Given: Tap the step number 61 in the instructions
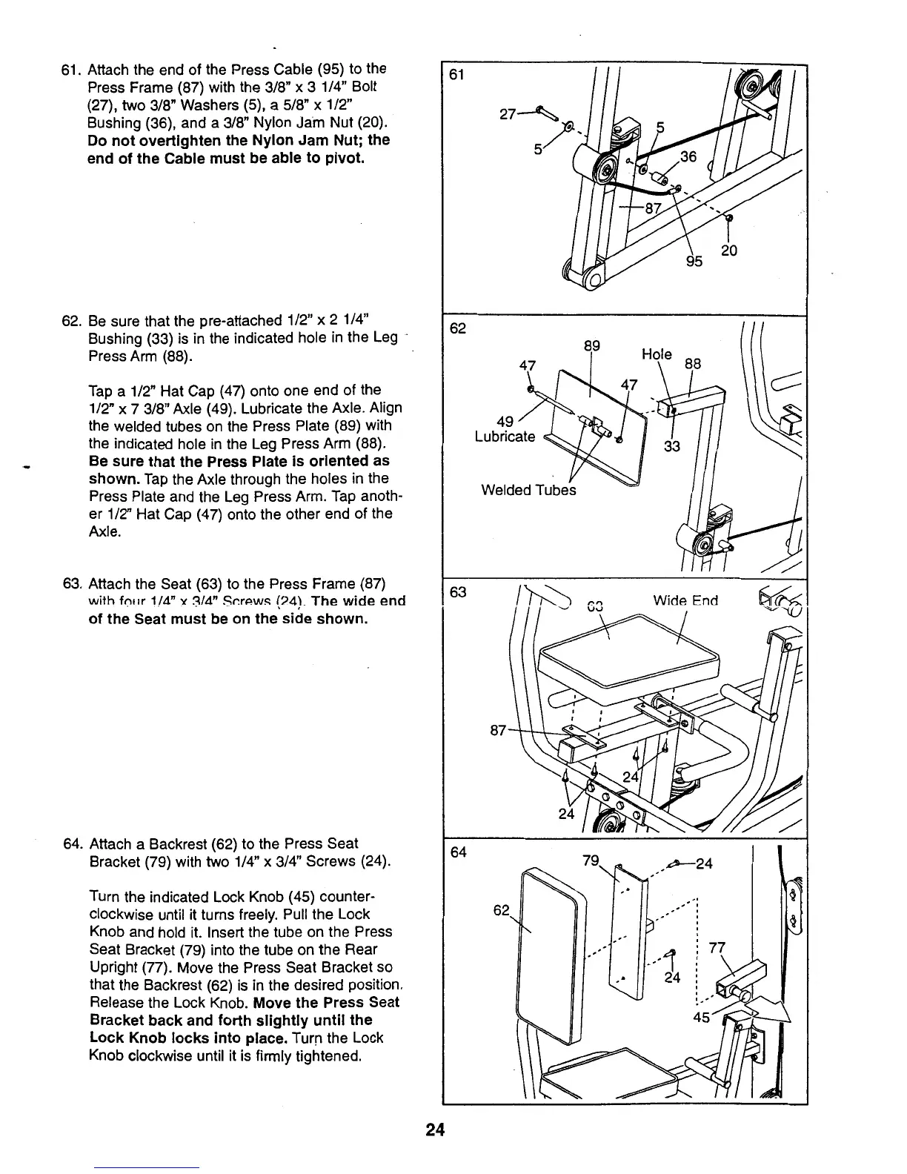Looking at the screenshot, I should pyautogui.click(x=70, y=69).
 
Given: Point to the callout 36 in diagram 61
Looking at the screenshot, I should pyautogui.click(x=689, y=157).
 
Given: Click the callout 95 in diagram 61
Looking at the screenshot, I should pyautogui.click(x=694, y=261).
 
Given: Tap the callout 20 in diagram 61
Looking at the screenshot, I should pyautogui.click(x=729, y=251).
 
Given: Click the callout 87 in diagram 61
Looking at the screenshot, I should pyautogui.click(x=652, y=208).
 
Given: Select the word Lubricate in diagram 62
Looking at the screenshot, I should pyautogui.click(x=505, y=437).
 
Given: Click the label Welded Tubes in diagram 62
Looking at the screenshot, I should pyautogui.click(x=528, y=490).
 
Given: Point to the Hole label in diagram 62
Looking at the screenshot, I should pyautogui.click(x=657, y=354).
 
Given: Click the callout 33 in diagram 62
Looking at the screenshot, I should pyautogui.click(x=671, y=446).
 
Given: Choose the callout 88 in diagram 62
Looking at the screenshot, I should pyautogui.click(x=692, y=364).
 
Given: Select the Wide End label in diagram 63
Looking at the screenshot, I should pyautogui.click(x=685, y=600).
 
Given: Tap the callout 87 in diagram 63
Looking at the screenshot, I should pyautogui.click(x=499, y=731).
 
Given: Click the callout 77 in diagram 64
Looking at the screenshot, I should pyautogui.click(x=716, y=946).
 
